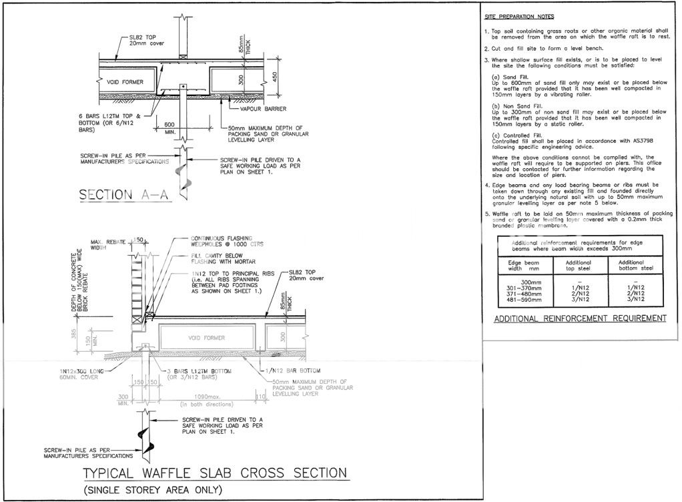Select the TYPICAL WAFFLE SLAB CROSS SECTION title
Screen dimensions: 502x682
pyautogui.click(x=215, y=473)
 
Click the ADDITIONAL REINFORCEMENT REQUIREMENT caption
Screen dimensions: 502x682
pyautogui.click(x=580, y=318)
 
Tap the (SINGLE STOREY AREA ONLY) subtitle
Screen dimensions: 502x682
pyautogui.click(x=153, y=491)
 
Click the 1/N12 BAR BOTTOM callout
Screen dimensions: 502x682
pyautogui.click(x=294, y=370)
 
